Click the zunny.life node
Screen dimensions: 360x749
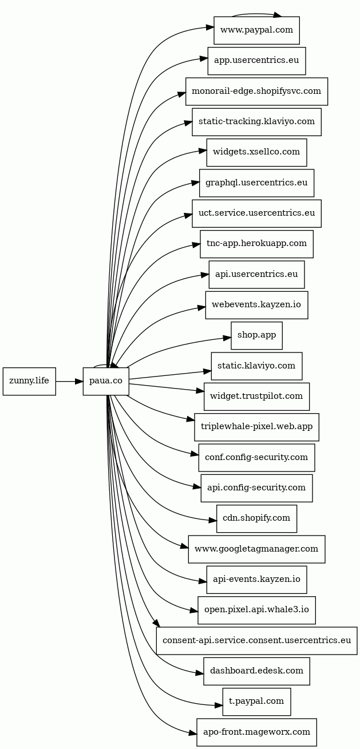29,381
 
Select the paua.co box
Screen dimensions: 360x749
106,381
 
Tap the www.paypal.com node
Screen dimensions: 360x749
256,30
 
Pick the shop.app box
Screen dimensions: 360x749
256,335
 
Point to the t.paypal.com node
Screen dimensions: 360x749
256,702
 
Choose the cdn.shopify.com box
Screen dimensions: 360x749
256,518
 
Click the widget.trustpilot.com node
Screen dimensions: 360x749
256,397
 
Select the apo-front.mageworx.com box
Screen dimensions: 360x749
256,732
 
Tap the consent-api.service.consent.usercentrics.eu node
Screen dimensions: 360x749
256,641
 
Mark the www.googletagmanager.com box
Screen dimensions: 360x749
256,549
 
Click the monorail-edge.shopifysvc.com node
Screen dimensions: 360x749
256,92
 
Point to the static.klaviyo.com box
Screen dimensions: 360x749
256,366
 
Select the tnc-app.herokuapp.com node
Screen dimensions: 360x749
256,244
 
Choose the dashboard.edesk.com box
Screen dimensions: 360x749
256,671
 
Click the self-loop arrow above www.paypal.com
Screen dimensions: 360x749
256,14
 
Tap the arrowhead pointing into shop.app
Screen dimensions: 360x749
227,338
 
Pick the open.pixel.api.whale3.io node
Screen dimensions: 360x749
256,610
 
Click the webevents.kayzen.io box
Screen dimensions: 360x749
256,305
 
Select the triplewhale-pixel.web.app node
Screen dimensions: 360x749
256,427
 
